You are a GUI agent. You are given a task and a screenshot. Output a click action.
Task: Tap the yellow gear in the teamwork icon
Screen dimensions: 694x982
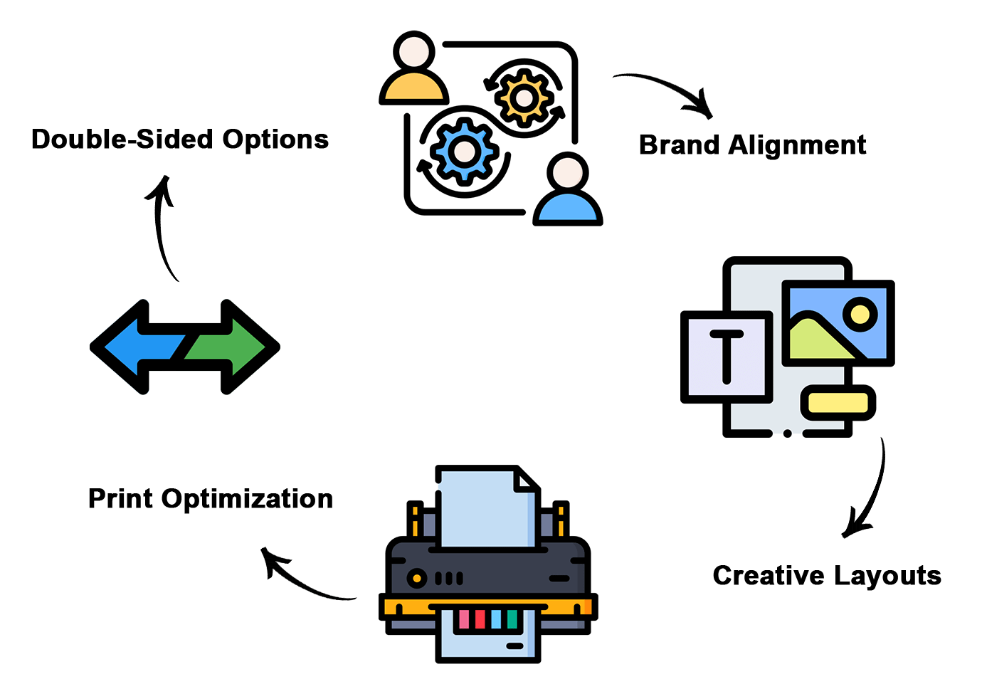coord(524,98)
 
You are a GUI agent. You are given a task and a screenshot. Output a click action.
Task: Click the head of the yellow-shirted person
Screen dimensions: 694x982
coord(414,52)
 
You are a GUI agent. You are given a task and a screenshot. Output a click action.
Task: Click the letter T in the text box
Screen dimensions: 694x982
coord(727,356)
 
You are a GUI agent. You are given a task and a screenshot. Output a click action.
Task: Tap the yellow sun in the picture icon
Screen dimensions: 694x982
coord(860,313)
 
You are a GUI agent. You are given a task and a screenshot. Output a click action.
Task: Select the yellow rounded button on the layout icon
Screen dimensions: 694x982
coord(838,403)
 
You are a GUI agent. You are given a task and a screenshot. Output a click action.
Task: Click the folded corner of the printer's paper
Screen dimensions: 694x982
coord(527,480)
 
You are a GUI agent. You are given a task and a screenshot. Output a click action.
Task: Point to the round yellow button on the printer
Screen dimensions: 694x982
coord(416,577)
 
